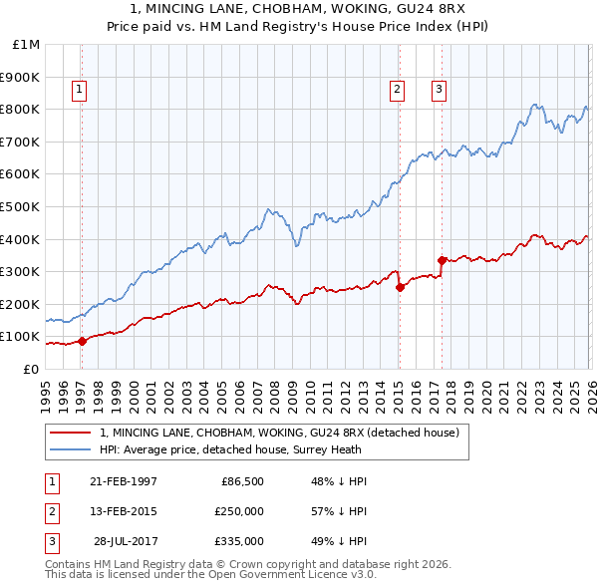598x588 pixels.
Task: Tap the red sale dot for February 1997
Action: click(83, 341)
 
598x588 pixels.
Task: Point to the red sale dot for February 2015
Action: click(400, 287)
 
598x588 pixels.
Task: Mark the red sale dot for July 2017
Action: click(442, 260)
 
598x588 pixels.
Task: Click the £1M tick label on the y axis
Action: click(27, 45)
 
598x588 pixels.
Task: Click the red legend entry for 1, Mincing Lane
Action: click(279, 433)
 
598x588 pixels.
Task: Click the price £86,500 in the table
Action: click(240, 481)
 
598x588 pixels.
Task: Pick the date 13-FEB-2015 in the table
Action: click(123, 511)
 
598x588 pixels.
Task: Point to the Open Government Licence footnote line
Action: click(210, 575)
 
